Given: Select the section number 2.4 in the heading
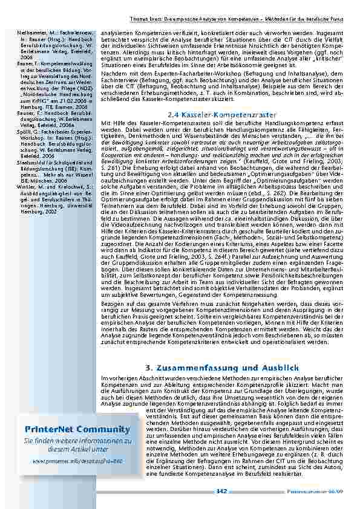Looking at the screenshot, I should click(173, 114).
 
